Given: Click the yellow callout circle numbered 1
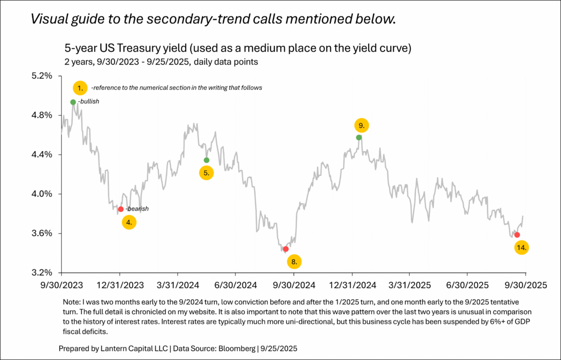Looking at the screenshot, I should pos(80,88).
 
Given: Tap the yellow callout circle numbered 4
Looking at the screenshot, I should pos(129,222).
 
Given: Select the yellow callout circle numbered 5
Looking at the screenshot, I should pos(206,173).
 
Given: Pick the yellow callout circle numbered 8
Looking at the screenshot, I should pos(294,261).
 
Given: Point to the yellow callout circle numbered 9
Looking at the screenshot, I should pos(360,125).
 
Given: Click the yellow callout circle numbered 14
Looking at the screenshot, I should pos(522,247).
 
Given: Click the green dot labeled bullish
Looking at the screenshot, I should pos(73,102).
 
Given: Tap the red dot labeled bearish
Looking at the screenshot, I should pos(121,209).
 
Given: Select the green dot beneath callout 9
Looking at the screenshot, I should pos(359,137).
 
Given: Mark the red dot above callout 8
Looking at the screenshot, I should pos(285,249).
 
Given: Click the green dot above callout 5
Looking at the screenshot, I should pos(206,160).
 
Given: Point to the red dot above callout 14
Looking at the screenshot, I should pos(517,235).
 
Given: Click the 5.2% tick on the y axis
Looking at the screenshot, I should pos(41,75).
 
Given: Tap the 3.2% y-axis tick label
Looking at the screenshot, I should pos(41,272).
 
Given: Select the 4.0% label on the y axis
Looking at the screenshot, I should pos(41,193).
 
